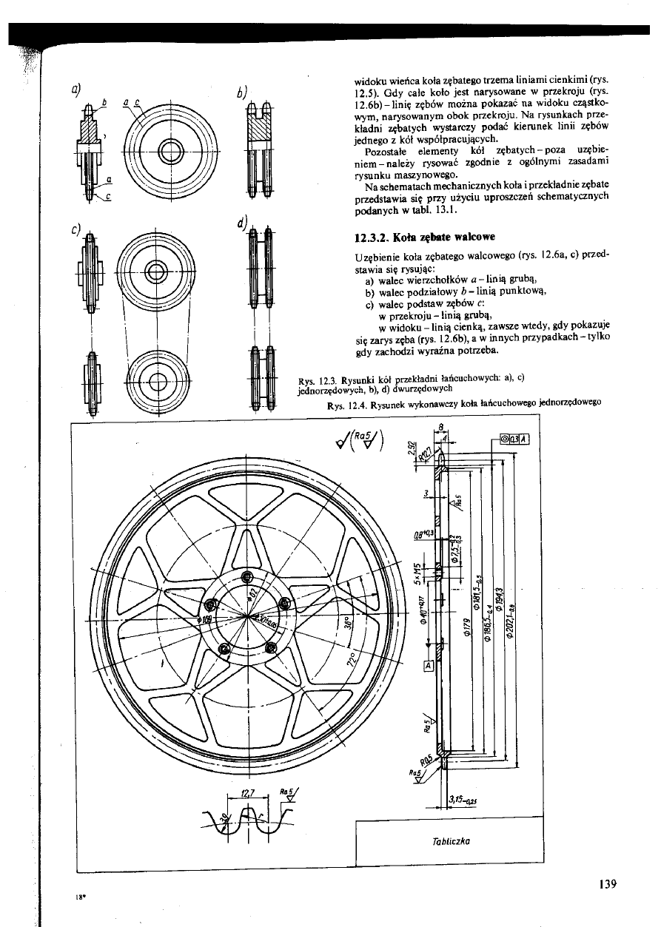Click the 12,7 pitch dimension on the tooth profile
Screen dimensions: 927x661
tap(249, 792)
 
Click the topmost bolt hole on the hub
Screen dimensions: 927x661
tap(246, 577)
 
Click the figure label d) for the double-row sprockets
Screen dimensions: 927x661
tap(241, 223)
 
